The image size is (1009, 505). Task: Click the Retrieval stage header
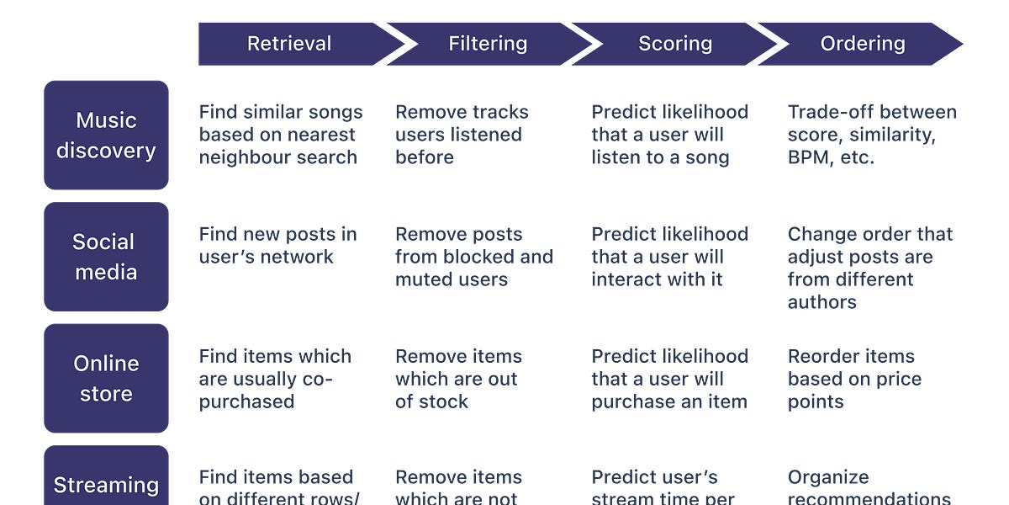click(289, 44)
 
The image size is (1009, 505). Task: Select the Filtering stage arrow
click(488, 44)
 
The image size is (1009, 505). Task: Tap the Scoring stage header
click(675, 44)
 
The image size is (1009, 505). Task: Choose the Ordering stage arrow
click(863, 44)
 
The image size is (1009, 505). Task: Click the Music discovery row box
click(106, 135)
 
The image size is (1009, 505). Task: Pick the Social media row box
click(106, 257)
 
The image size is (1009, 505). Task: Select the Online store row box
click(106, 378)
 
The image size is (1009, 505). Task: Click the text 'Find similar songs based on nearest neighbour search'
click(281, 135)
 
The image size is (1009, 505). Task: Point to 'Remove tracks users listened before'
click(462, 135)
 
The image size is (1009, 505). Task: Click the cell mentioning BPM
click(872, 135)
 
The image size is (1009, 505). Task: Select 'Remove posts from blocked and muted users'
click(474, 257)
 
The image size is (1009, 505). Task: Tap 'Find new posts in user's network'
click(277, 245)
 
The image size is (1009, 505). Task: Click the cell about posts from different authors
click(869, 268)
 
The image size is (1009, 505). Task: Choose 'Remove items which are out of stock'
click(458, 379)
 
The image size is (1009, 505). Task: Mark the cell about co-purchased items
click(275, 379)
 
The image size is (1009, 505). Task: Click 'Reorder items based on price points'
click(854, 379)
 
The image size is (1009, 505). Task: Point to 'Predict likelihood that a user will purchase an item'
click(669, 379)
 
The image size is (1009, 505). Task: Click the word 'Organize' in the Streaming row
click(828, 477)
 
